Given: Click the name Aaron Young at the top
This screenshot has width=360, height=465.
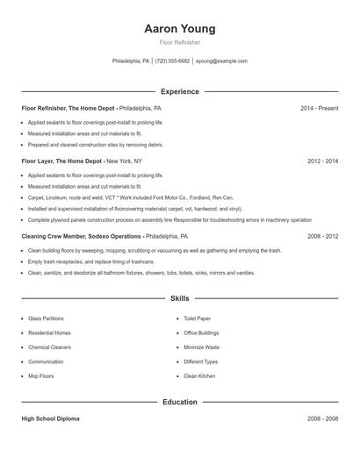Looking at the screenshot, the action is click(180, 29).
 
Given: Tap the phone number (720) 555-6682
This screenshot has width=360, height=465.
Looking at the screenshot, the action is click(173, 61).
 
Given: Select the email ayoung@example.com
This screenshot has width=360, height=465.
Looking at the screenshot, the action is click(221, 61).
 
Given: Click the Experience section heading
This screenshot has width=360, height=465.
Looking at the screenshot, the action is click(180, 91).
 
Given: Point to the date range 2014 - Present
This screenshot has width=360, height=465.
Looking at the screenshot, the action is click(319, 108).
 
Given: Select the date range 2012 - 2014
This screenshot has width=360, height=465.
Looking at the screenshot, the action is click(322, 161).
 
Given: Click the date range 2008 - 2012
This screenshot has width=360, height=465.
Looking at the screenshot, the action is click(322, 236).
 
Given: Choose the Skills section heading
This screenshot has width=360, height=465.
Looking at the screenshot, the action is click(180, 299).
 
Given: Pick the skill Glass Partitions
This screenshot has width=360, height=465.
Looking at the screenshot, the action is click(47, 318).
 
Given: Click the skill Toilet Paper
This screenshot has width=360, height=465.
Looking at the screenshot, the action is click(198, 318).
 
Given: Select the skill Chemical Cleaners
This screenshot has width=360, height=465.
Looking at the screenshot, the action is click(49, 347).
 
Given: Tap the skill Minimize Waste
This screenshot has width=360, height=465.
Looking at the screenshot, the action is click(202, 347).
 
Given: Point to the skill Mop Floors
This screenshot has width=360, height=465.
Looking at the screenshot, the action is click(41, 376).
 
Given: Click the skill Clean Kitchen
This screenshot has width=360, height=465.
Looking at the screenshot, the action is click(199, 376).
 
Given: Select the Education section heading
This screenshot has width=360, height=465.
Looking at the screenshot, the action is click(180, 403).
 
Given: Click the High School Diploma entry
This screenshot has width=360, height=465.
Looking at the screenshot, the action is click(50, 419).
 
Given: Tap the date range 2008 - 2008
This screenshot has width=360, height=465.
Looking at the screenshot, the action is click(322, 419).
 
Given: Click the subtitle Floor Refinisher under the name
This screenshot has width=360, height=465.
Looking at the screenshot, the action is click(180, 42).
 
